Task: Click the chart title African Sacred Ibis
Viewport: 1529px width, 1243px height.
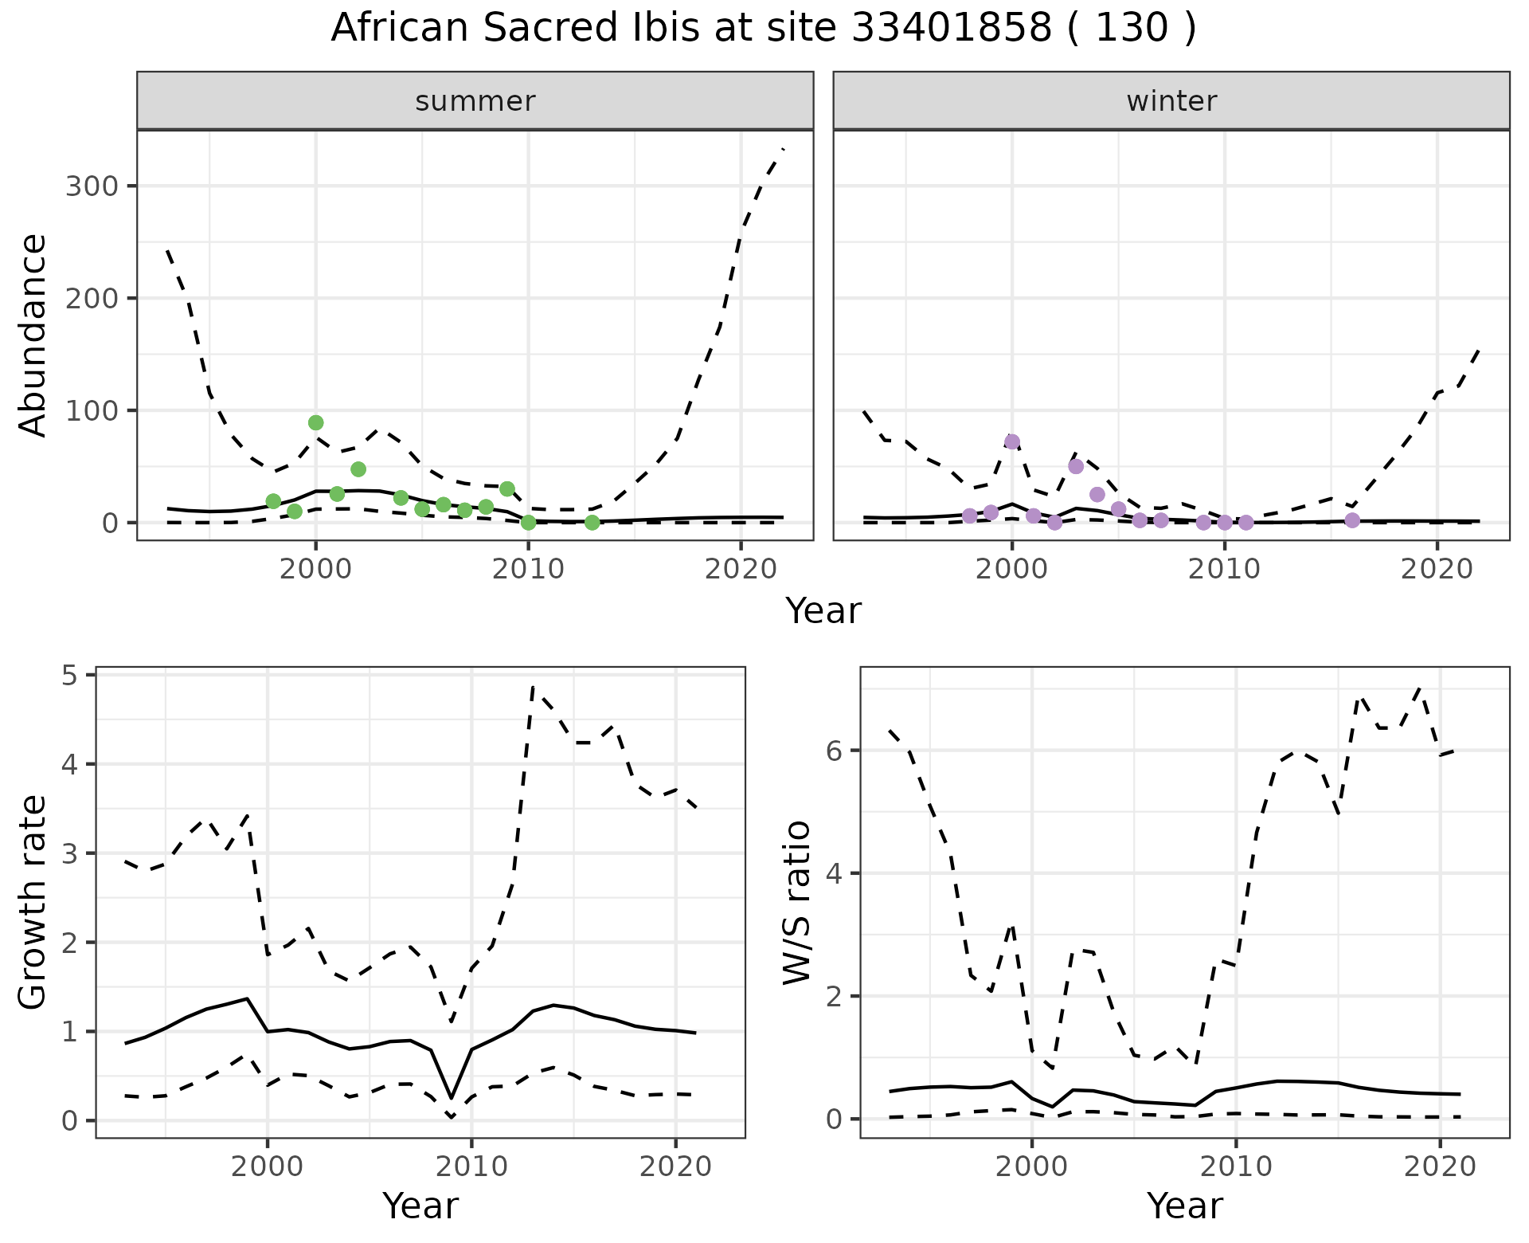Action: [x=763, y=29]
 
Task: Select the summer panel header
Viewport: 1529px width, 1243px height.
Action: [x=475, y=101]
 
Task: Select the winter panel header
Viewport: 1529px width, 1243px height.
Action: [x=1171, y=101]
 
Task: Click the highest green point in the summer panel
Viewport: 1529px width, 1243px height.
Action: [x=316, y=422]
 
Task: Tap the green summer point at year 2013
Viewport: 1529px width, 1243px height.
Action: [x=592, y=523]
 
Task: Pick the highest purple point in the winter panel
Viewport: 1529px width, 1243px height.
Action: [x=1012, y=441]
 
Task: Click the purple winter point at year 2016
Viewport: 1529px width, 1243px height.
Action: [x=1352, y=520]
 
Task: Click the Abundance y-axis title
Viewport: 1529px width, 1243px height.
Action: [x=33, y=335]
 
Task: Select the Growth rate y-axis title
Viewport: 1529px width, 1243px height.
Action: [x=33, y=903]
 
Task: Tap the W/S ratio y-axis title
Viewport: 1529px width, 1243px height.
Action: [x=797, y=903]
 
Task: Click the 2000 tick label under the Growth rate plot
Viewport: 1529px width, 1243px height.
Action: [x=268, y=1167]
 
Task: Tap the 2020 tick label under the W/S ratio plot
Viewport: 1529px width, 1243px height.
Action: [x=1440, y=1167]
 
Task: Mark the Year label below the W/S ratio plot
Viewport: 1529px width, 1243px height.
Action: [x=1184, y=1206]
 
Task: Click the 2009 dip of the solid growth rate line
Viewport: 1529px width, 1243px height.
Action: [x=452, y=1098]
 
